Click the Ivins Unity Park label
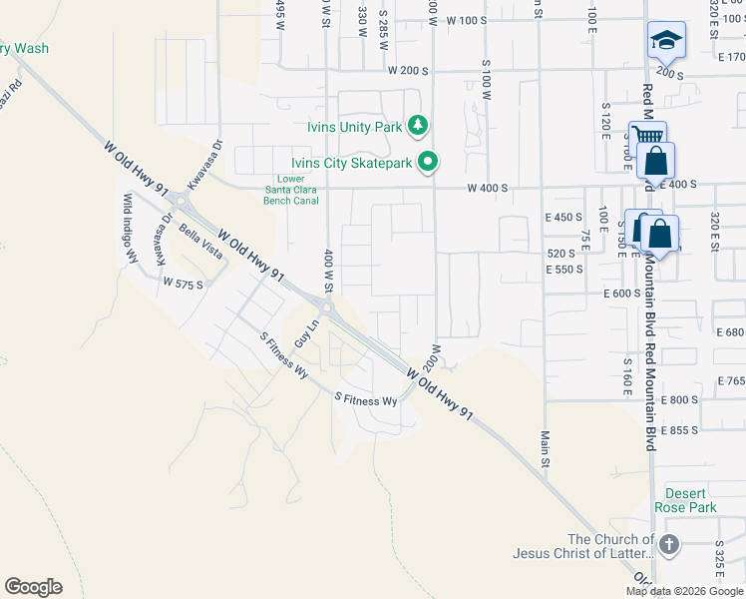[x=355, y=127]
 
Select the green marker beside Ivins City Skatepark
[x=430, y=161]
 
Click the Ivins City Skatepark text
[x=352, y=163]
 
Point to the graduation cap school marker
[x=665, y=41]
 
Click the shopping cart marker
[x=646, y=137]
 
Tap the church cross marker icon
[x=668, y=545]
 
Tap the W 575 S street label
[x=184, y=285]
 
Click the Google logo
[x=33, y=587]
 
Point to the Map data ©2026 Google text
[x=684, y=591]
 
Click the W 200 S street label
[x=409, y=72]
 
